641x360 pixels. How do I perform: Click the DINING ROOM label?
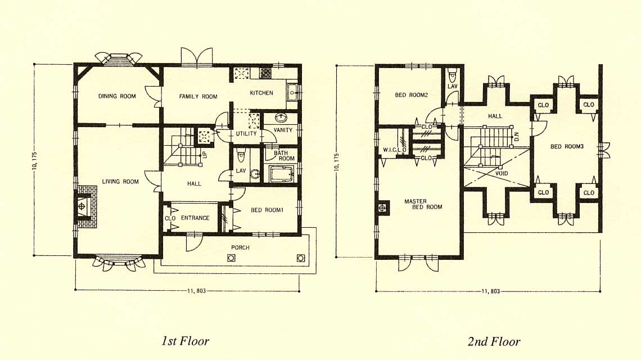[x=117, y=96]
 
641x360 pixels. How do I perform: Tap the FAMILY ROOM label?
[x=198, y=97]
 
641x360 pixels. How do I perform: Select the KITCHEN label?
[x=261, y=93]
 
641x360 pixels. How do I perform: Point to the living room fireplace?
[x=87, y=206]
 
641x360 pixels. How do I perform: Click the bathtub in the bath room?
[x=282, y=174]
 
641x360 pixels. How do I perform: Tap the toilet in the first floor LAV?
[x=241, y=156]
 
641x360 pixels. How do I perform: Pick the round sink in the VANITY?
[x=281, y=118]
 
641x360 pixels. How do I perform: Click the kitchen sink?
[x=293, y=92]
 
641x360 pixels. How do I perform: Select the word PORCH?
[x=240, y=247]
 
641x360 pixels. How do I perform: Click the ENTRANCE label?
[x=195, y=218]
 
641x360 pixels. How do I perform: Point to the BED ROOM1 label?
[x=267, y=210]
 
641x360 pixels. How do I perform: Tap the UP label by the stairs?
[x=205, y=155]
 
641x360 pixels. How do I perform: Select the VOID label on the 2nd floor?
[x=502, y=173]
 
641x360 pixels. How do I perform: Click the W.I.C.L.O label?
[x=395, y=150]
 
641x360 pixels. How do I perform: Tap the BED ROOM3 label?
[x=567, y=146]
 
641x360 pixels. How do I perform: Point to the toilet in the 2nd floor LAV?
[x=452, y=76]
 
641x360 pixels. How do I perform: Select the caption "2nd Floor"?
[x=494, y=341]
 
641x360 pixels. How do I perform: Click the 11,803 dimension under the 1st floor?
[x=196, y=291]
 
